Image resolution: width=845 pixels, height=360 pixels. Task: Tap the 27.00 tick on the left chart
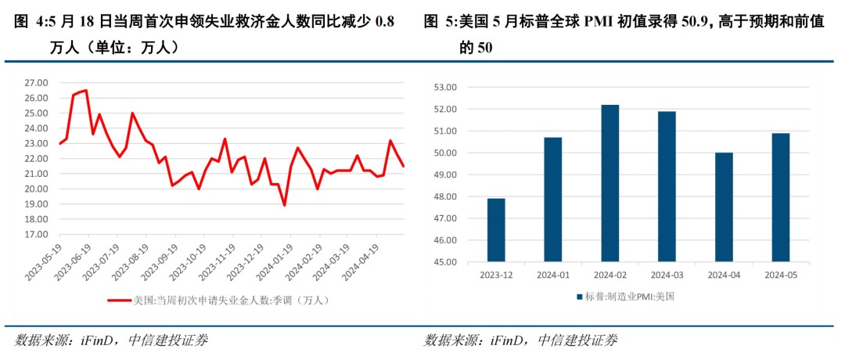(37, 83)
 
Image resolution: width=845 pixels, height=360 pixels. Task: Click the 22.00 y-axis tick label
(37, 159)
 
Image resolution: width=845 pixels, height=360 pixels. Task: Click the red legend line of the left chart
(119, 300)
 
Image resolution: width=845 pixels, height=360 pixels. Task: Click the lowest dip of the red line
(284, 205)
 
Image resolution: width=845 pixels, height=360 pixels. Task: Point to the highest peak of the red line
(85, 90)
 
